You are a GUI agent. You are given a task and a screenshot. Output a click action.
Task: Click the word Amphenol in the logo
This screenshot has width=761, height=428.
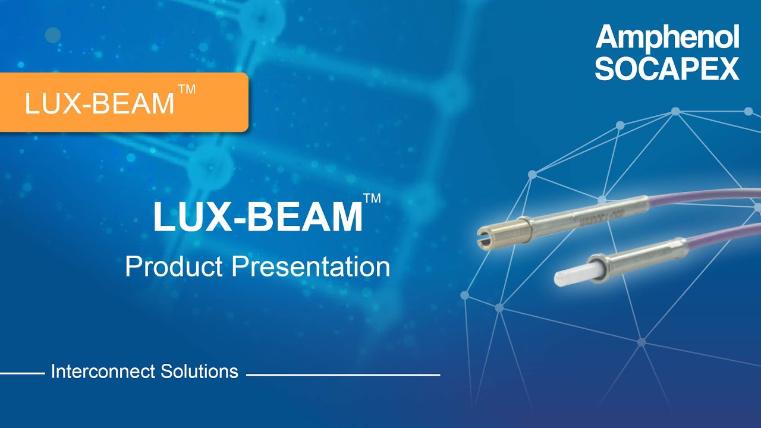click(667, 39)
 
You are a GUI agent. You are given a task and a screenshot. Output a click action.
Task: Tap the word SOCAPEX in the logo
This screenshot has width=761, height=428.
click(667, 69)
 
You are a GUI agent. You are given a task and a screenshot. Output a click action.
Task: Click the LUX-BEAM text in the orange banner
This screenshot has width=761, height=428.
click(99, 104)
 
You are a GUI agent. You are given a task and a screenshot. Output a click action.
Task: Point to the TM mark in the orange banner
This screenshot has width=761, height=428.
click(187, 90)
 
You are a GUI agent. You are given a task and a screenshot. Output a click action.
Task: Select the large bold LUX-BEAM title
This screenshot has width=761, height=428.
click(257, 218)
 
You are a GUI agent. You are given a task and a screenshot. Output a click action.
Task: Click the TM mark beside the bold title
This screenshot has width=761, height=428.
click(372, 199)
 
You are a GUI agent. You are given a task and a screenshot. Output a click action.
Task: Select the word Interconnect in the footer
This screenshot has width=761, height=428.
click(103, 372)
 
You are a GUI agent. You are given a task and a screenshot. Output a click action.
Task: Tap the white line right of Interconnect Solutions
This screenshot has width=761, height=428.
click(343, 375)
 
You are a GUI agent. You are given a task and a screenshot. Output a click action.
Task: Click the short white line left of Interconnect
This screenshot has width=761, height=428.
click(22, 374)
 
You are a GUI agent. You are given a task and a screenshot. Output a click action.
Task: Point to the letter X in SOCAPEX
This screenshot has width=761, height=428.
click(728, 69)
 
